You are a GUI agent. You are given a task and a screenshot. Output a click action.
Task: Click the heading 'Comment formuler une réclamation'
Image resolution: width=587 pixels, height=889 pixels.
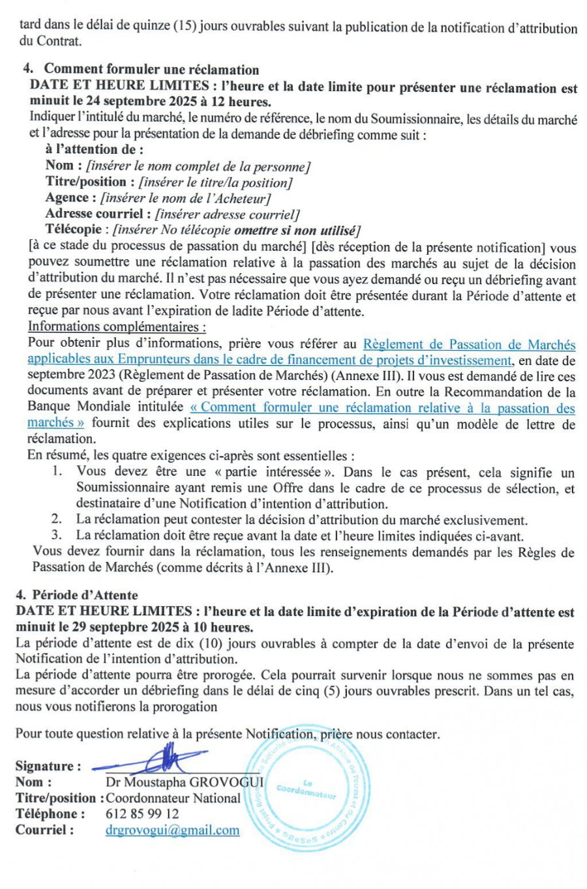[x=151, y=70]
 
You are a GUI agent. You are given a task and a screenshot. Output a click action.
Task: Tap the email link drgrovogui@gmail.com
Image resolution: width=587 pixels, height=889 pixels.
[x=172, y=830]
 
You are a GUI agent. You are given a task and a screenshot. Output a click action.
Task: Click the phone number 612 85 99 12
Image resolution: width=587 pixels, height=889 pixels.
[x=142, y=814]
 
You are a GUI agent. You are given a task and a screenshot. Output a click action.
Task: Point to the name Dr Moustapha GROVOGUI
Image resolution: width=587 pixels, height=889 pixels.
[x=185, y=782]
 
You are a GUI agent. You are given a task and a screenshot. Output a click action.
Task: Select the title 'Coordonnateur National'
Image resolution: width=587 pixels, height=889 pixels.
[x=173, y=798]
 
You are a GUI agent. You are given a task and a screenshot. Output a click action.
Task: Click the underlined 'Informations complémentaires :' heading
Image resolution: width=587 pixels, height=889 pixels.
[x=117, y=327]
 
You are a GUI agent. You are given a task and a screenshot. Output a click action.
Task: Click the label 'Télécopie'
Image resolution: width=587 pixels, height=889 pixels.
[x=73, y=229]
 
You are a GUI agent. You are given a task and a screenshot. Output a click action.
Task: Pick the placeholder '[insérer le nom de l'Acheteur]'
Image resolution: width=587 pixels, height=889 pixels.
[x=185, y=198]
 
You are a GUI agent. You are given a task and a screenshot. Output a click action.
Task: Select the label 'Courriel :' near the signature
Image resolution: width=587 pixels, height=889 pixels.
[x=44, y=830]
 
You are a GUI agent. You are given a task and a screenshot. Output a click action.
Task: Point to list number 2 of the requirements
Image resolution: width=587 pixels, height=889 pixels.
[x=57, y=520]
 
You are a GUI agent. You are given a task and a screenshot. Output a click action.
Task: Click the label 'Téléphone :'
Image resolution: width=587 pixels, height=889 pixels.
[x=50, y=814]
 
